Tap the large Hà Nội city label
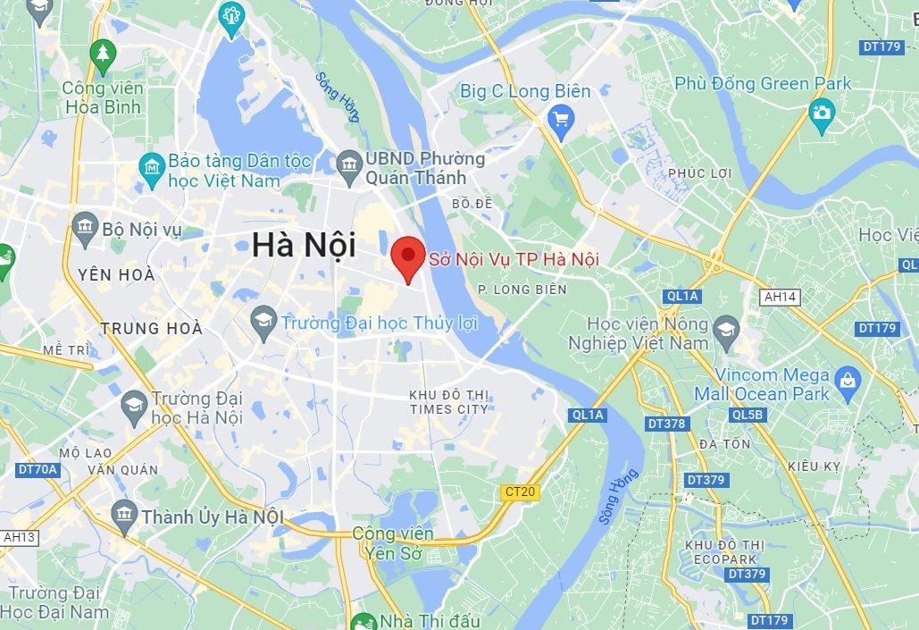[304, 245]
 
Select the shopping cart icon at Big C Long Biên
[561, 118]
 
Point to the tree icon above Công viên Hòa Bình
[103, 53]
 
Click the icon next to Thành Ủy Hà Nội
[124, 514]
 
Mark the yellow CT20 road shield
[520, 491]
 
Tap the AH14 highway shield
[778, 296]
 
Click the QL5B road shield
[747, 415]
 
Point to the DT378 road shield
[666, 423]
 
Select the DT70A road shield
[38, 468]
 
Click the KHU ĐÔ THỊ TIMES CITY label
[448, 402]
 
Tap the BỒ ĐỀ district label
[472, 204]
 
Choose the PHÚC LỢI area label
[699, 172]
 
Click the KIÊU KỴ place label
[815, 466]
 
